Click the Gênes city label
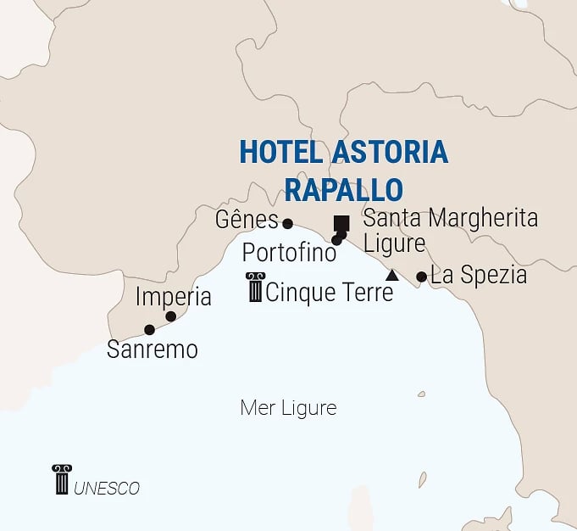click(x=247, y=221)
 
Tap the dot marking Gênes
click(x=287, y=224)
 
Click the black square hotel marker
click(x=341, y=224)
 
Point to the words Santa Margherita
click(x=450, y=218)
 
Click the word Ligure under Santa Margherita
click(x=394, y=243)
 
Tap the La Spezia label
click(x=479, y=276)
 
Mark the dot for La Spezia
click(x=421, y=277)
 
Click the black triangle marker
click(x=391, y=276)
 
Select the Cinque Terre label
click(x=330, y=293)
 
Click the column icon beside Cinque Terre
click(x=254, y=288)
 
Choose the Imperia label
click(x=173, y=298)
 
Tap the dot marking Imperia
click(x=170, y=316)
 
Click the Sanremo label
click(x=152, y=349)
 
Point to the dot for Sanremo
click(x=149, y=330)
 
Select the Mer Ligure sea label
click(x=288, y=408)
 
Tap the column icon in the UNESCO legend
click(x=61, y=479)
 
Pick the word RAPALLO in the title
click(x=343, y=187)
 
